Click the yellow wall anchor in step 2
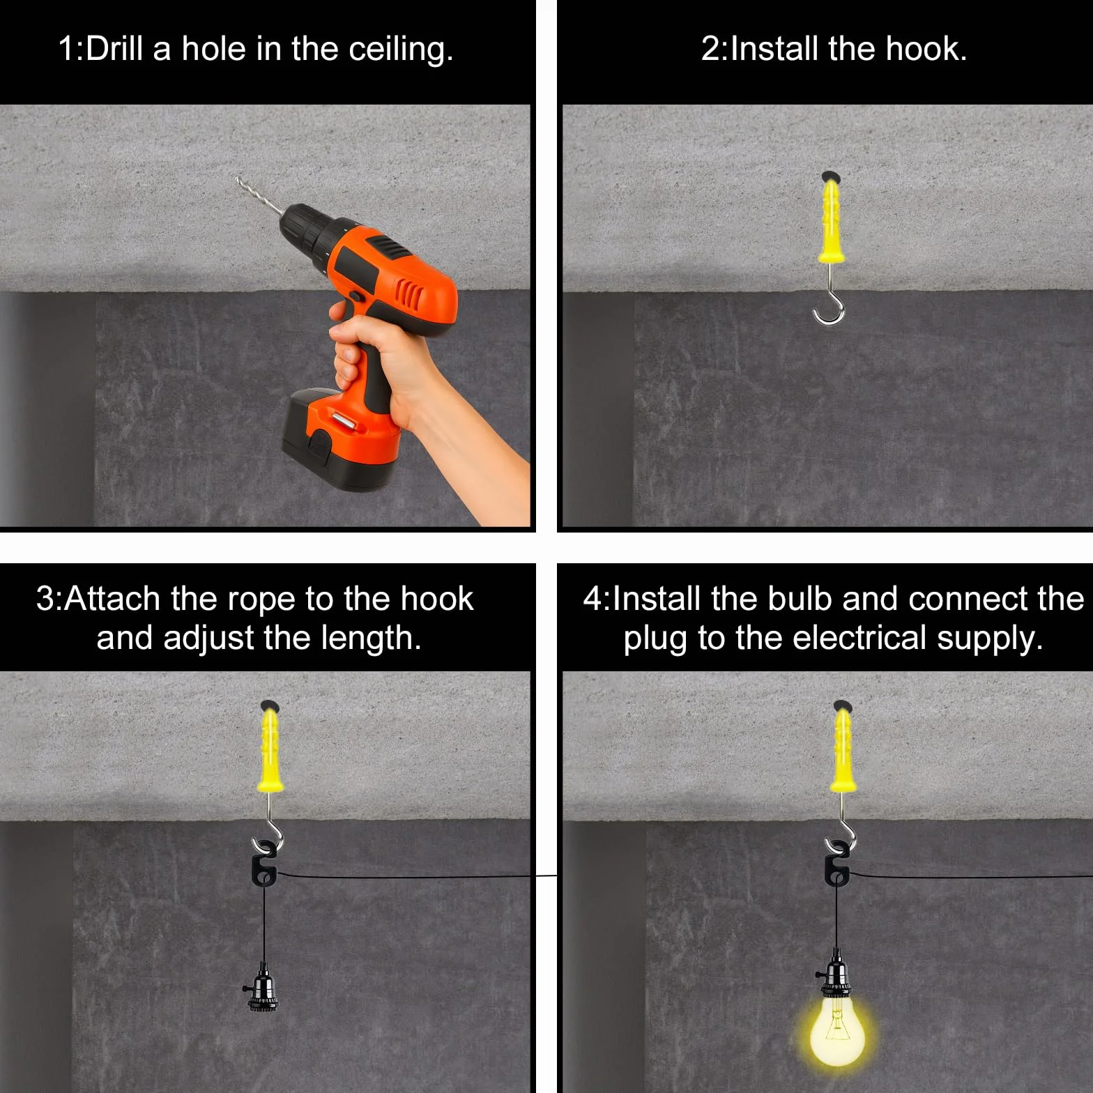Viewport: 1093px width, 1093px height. pos(831,220)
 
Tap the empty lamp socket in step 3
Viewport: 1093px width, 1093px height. pos(262,987)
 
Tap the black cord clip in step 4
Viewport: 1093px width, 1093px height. pos(837,869)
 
